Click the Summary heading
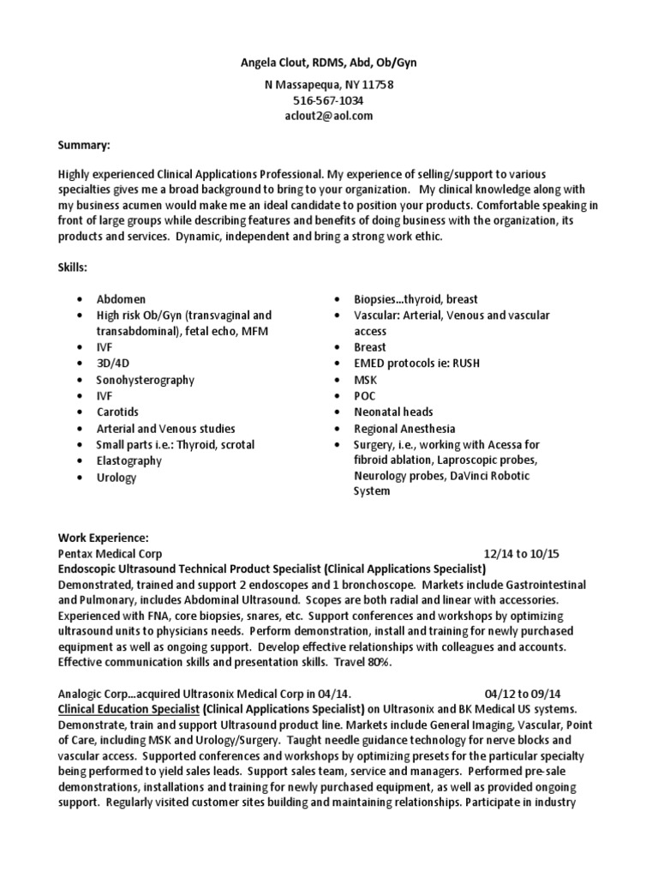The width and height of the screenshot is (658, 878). [84, 147]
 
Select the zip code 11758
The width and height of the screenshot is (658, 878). [377, 85]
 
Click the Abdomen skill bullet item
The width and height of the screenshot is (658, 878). [121, 299]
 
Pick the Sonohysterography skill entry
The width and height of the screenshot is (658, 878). [145, 380]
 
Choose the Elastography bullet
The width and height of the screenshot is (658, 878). [129, 460]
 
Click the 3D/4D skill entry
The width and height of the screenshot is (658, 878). [114, 364]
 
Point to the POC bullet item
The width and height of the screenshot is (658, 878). [366, 395]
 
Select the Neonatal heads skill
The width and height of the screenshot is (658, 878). [393, 412]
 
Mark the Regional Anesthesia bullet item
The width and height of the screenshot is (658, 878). [404, 428]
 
